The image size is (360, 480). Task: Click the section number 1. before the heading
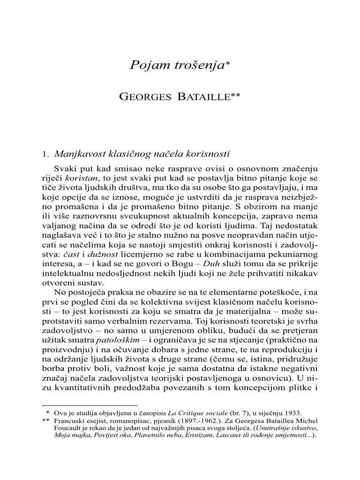pos(46,153)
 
